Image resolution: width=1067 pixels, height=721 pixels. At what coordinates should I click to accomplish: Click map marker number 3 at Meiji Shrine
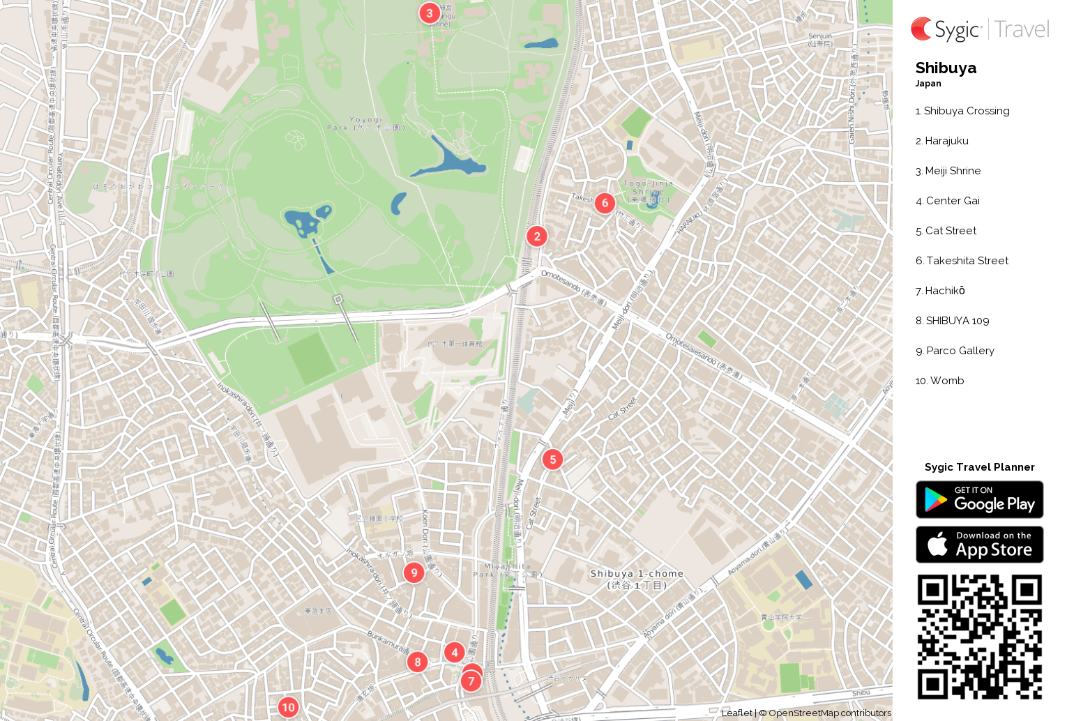[429, 13]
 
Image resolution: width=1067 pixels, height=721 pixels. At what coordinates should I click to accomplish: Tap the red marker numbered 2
[536, 236]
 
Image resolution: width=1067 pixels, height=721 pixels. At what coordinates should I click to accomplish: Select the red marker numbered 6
[605, 203]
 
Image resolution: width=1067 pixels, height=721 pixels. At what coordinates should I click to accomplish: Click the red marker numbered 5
[552, 460]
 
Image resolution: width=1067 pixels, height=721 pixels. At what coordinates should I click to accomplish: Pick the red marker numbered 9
[414, 572]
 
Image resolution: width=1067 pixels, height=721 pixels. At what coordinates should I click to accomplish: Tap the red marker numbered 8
[417, 662]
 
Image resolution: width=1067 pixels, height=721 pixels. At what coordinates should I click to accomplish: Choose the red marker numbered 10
[288, 707]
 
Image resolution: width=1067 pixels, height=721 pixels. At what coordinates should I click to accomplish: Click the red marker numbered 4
[454, 653]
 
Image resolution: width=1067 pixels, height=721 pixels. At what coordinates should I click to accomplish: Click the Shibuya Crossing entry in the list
[962, 111]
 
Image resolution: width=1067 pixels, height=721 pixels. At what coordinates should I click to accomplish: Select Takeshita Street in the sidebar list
[962, 261]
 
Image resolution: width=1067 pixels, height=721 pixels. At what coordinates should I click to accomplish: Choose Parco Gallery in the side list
[955, 351]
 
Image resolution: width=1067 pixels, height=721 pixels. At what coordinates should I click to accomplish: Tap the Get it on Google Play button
[979, 499]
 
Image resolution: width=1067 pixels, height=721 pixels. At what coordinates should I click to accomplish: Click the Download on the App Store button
[979, 545]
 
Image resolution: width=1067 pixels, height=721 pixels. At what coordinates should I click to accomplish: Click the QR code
[979, 637]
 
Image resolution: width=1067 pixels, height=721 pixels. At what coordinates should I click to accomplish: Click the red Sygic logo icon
[921, 29]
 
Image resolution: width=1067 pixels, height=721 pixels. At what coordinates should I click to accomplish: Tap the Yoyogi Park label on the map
[365, 123]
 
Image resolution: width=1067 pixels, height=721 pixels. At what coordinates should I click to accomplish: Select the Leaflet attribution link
[736, 713]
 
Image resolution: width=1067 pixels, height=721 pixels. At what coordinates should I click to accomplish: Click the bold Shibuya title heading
[946, 68]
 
